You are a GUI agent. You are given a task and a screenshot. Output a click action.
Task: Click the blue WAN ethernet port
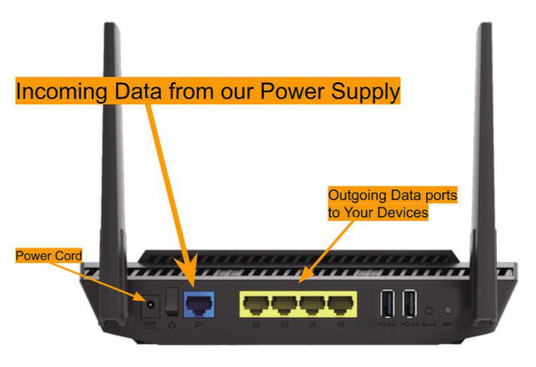199,305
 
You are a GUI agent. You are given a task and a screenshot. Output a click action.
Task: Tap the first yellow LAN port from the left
255,305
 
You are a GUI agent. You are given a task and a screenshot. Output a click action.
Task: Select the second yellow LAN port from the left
283,305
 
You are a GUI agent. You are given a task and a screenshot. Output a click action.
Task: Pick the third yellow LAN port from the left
312,305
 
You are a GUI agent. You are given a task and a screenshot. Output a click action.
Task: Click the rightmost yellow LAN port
339,305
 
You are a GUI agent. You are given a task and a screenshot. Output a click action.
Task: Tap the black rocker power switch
173,302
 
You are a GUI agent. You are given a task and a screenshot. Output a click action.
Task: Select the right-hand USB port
410,303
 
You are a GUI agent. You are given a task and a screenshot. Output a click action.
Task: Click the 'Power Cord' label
48,255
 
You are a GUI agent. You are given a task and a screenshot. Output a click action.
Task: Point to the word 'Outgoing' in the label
355,195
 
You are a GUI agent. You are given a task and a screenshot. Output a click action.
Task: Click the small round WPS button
448,311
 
